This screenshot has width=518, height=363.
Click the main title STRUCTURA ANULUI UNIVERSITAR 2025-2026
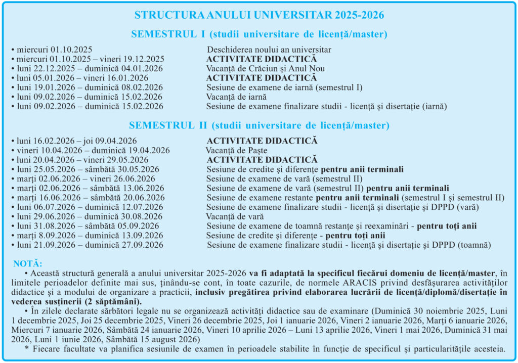259,15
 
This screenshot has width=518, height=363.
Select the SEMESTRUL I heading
259,34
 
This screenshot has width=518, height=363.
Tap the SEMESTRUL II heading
258,125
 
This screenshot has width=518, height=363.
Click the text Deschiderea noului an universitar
269,50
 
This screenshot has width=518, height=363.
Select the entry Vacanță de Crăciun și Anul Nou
266,68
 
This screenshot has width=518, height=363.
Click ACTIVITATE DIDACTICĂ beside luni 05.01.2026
262,78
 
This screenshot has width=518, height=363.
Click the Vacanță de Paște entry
236,150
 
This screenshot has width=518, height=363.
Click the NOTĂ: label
28,264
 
